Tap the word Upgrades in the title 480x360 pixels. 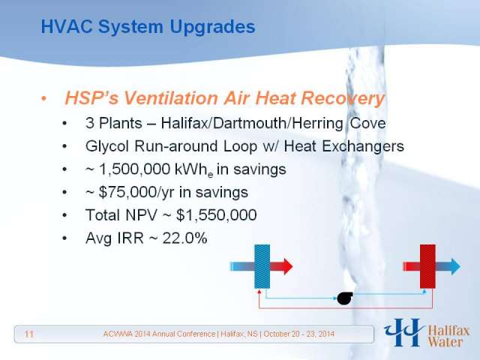pos(212,28)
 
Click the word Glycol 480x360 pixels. pos(107,147)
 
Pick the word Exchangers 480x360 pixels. pos(363,147)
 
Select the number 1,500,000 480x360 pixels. pos(135,169)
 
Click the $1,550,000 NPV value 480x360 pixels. pos(217,215)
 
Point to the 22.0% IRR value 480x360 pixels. pos(184,238)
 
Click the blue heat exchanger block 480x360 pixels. pos(262,266)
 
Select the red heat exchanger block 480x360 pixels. pos(427,266)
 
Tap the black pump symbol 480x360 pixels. pos(345,298)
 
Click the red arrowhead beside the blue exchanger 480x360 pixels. pos(287,266)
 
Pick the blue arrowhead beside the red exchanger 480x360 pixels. pos(455,266)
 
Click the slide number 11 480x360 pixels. pos(28,334)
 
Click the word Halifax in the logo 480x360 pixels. pos(448,331)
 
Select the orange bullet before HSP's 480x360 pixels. pos(44,98)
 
